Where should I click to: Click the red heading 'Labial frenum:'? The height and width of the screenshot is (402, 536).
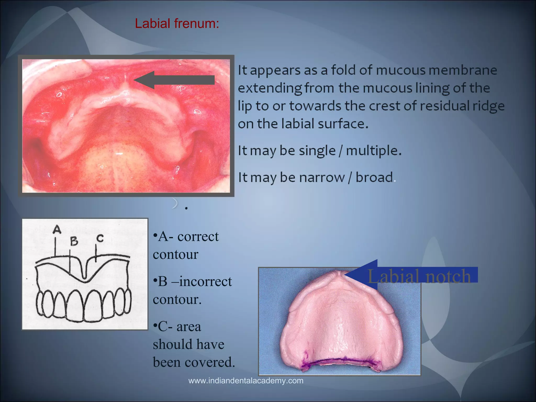(177, 24)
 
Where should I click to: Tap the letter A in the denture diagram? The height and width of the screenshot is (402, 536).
(57, 230)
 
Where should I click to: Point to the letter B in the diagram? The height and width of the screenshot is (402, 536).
(74, 241)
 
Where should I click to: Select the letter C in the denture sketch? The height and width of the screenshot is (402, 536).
(100, 238)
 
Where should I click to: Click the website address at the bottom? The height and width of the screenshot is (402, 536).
(246, 381)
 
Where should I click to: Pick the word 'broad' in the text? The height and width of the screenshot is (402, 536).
(374, 177)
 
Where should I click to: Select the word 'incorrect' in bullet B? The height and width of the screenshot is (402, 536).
(205, 282)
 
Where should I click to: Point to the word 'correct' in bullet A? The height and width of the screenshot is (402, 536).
(198, 237)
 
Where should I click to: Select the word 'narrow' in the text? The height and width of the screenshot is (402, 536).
(322, 177)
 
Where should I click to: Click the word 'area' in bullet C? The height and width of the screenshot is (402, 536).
(189, 327)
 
